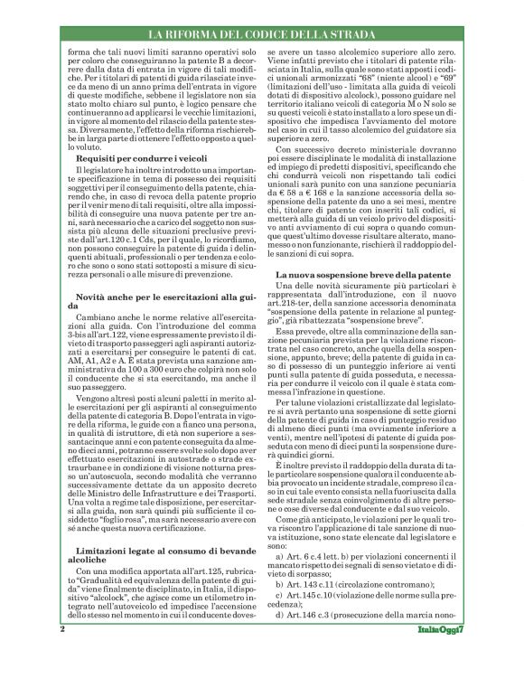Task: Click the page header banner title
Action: tap(263, 34)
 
